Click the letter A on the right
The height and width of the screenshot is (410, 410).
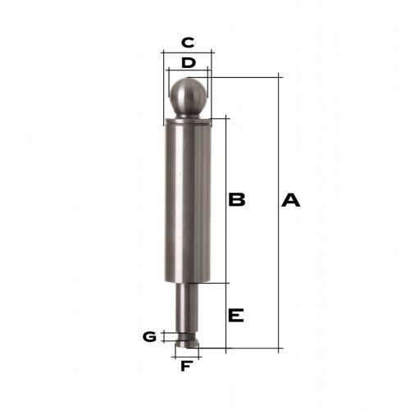[291, 200]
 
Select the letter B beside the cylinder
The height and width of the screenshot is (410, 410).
[237, 200]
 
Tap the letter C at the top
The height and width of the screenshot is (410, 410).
[187, 42]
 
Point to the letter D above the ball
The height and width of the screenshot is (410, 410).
[188, 62]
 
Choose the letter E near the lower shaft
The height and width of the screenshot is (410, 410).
[236, 316]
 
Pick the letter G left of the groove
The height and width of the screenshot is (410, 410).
[149, 336]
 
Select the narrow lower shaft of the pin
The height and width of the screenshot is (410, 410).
[188, 307]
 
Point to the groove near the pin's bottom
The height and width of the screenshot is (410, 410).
[188, 335]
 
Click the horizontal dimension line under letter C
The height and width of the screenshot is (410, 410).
[187, 52]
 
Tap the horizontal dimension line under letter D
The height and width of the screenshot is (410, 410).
[188, 72]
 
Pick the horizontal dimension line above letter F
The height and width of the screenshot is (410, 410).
[187, 355]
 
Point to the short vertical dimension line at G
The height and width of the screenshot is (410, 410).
[164, 336]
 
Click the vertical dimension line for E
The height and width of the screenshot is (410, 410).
[224, 316]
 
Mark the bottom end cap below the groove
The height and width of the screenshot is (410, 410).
[188, 344]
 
